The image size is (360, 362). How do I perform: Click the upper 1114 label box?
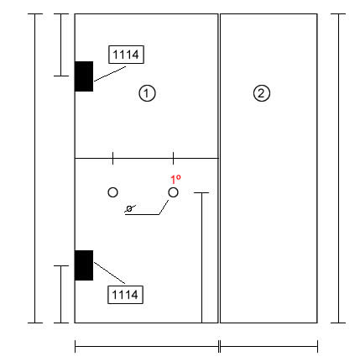(126, 55)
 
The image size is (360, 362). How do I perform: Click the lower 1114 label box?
(125, 295)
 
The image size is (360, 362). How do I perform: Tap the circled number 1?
(147, 93)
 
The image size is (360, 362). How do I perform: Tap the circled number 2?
(262, 93)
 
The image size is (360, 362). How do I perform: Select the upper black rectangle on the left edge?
(84, 76)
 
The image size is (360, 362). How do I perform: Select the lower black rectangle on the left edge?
(84, 265)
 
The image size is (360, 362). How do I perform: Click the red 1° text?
(175, 179)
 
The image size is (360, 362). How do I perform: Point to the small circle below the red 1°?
(173, 192)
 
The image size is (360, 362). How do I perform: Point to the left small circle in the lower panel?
(112, 192)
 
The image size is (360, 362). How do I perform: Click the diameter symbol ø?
(129, 208)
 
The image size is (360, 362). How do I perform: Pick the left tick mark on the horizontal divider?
(112, 158)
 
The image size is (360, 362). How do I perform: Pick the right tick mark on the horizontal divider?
(173, 158)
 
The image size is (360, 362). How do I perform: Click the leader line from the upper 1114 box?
(110, 74)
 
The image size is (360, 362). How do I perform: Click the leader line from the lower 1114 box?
(109, 273)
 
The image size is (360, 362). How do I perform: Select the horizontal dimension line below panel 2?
(269, 346)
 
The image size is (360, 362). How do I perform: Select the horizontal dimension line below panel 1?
(147, 346)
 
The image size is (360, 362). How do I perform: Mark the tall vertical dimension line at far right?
(338, 168)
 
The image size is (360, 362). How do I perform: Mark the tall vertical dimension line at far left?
(35, 168)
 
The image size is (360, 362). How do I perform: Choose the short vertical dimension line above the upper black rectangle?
(61, 45)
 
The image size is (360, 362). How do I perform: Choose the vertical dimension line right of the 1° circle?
(201, 258)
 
